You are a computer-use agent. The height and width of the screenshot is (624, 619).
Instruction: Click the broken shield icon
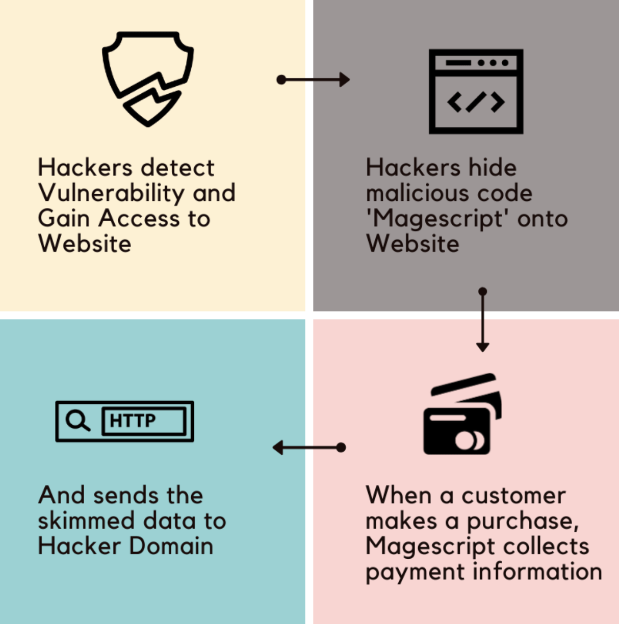pyautogui.click(x=148, y=78)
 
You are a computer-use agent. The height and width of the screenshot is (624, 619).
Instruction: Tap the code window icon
pyautogui.click(x=476, y=91)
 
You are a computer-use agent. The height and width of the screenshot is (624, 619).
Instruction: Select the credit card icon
pyautogui.click(x=462, y=415)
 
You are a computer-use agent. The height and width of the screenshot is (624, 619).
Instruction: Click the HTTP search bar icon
pyautogui.click(x=124, y=421)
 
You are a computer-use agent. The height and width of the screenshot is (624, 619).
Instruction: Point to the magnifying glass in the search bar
pyautogui.click(x=78, y=421)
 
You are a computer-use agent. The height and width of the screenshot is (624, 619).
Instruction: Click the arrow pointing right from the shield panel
pyautogui.click(x=313, y=80)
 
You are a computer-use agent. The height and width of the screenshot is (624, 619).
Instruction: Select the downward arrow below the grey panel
pyautogui.click(x=482, y=320)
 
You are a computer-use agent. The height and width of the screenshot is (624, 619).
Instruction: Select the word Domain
pyautogui.click(x=171, y=547)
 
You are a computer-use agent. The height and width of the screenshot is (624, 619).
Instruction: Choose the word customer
pyautogui.click(x=513, y=496)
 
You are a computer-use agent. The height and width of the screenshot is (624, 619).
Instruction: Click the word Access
pyautogui.click(x=139, y=219)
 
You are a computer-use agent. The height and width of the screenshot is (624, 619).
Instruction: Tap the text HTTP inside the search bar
pyautogui.click(x=133, y=421)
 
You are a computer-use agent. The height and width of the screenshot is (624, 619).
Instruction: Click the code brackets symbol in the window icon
pyautogui.click(x=476, y=102)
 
